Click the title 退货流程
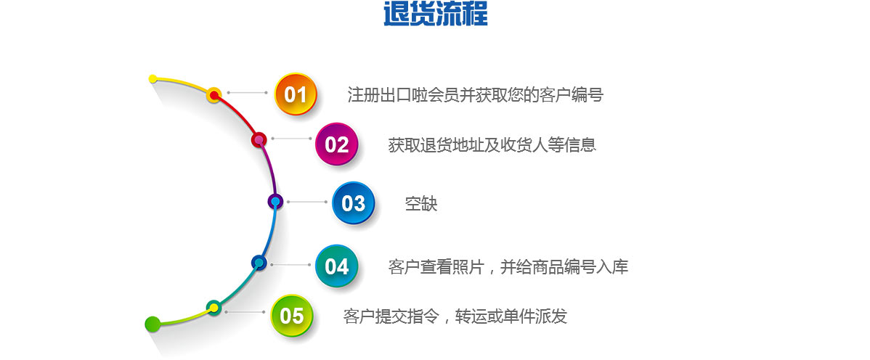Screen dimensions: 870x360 pyautogui.click(x=436, y=14)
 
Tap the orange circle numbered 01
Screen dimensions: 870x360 pyautogui.click(x=296, y=94)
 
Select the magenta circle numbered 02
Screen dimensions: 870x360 pyautogui.click(x=336, y=144)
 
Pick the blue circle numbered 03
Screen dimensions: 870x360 pyautogui.click(x=354, y=203)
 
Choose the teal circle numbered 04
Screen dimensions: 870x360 pyautogui.click(x=336, y=266)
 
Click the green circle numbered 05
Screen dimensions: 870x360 pyautogui.click(x=292, y=315)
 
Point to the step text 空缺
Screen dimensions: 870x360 pyautogui.click(x=421, y=204)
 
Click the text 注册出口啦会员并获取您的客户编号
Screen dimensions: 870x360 pyautogui.click(x=476, y=95)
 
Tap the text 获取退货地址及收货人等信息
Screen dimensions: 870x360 pyautogui.click(x=492, y=144)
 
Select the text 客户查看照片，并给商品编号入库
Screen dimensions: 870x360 pyautogui.click(x=508, y=267)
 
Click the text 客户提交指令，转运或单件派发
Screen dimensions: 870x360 pyautogui.click(x=455, y=316)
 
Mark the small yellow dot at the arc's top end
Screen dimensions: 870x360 pyautogui.click(x=153, y=79)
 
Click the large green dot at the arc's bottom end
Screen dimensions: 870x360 pyautogui.click(x=153, y=324)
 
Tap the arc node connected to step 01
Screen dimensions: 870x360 pyautogui.click(x=214, y=95)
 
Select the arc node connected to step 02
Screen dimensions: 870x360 pyautogui.click(x=259, y=140)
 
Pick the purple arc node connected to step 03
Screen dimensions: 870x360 pyautogui.click(x=275, y=201)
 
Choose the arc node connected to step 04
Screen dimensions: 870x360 pyautogui.click(x=259, y=262)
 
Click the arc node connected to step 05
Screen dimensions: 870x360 pyautogui.click(x=214, y=307)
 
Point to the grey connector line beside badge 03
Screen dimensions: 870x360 pyautogui.click(x=307, y=202)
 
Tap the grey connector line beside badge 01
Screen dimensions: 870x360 pyautogui.click(x=248, y=93)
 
